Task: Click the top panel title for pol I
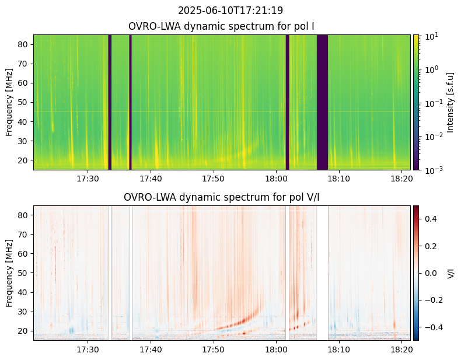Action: pyautogui.click(x=222, y=26)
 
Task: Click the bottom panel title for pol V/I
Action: pyautogui.click(x=222, y=197)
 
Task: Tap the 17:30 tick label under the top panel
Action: pyautogui.click(x=88, y=179)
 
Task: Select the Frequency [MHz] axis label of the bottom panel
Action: pyautogui.click(x=9, y=273)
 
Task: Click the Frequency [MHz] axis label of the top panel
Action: pyautogui.click(x=9, y=102)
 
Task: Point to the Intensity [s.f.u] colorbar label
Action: pyautogui.click(x=450, y=102)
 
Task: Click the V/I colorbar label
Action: pyautogui.click(x=450, y=273)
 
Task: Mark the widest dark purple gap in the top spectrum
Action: pyautogui.click(x=322, y=102)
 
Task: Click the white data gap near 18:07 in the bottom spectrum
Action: pyautogui.click(x=322, y=273)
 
